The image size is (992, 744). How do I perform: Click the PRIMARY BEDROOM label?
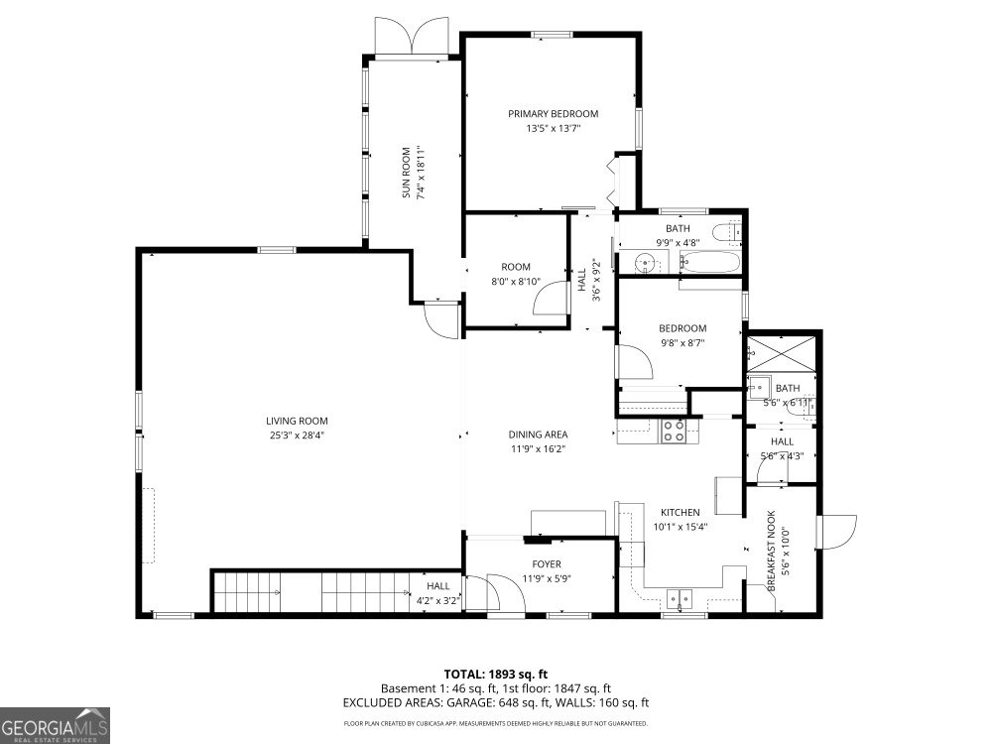point(553,113)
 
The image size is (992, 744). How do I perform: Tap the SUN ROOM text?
point(406,174)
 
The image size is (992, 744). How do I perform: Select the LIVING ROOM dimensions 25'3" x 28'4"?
point(296,434)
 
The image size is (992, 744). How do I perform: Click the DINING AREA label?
point(538,434)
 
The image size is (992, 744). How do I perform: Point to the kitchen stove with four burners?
point(674,431)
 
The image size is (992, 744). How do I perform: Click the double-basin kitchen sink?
point(681,597)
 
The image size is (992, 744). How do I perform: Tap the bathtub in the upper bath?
point(709,264)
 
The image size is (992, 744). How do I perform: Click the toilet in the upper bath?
point(732,231)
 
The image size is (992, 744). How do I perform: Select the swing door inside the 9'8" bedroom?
point(635,362)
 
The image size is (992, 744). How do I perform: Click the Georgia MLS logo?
point(56,724)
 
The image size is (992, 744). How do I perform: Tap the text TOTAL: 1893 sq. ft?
point(495,673)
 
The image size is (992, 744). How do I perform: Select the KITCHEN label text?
point(680,512)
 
